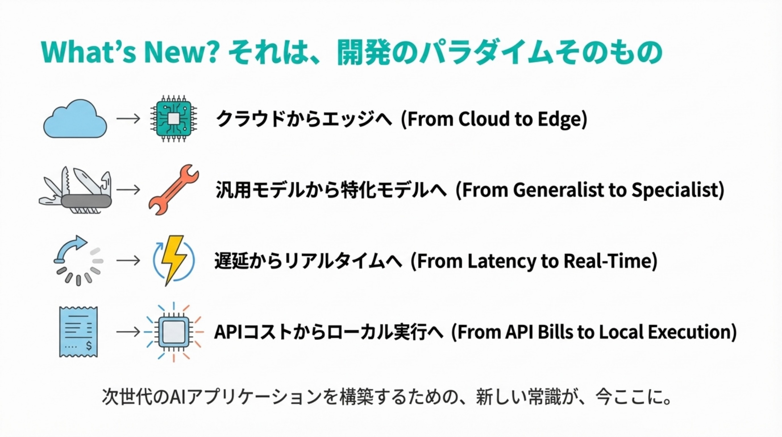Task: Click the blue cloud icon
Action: pos(75,119)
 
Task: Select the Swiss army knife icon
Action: pos(76,191)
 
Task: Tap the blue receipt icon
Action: pos(78,331)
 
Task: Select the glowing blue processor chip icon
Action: pos(173,331)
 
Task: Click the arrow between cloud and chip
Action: pos(128,119)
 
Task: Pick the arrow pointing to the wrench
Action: pos(128,190)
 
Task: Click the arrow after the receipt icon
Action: pos(128,331)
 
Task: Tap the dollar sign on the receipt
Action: pos(89,346)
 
